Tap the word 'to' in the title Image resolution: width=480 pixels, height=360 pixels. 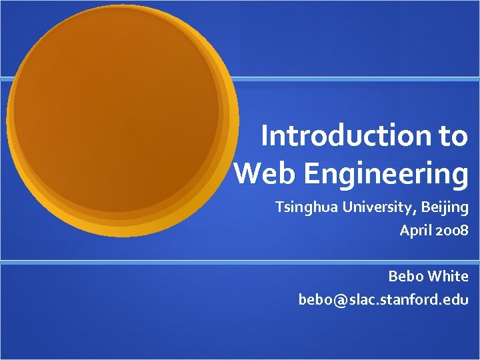[x=453, y=136]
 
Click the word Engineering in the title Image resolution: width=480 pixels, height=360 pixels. [x=387, y=174]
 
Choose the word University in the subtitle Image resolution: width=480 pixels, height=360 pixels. [x=381, y=208]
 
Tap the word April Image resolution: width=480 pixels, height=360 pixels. [x=415, y=231]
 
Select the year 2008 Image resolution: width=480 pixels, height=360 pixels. [x=452, y=231]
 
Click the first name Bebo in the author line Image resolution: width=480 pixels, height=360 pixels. [x=405, y=276]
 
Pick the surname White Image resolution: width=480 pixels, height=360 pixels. [x=448, y=276]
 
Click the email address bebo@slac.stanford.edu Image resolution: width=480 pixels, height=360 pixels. [x=383, y=299]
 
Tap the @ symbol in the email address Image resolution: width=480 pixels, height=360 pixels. [x=339, y=300]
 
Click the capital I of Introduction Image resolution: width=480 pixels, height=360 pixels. [x=265, y=136]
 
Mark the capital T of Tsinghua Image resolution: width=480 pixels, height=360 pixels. [x=280, y=208]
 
